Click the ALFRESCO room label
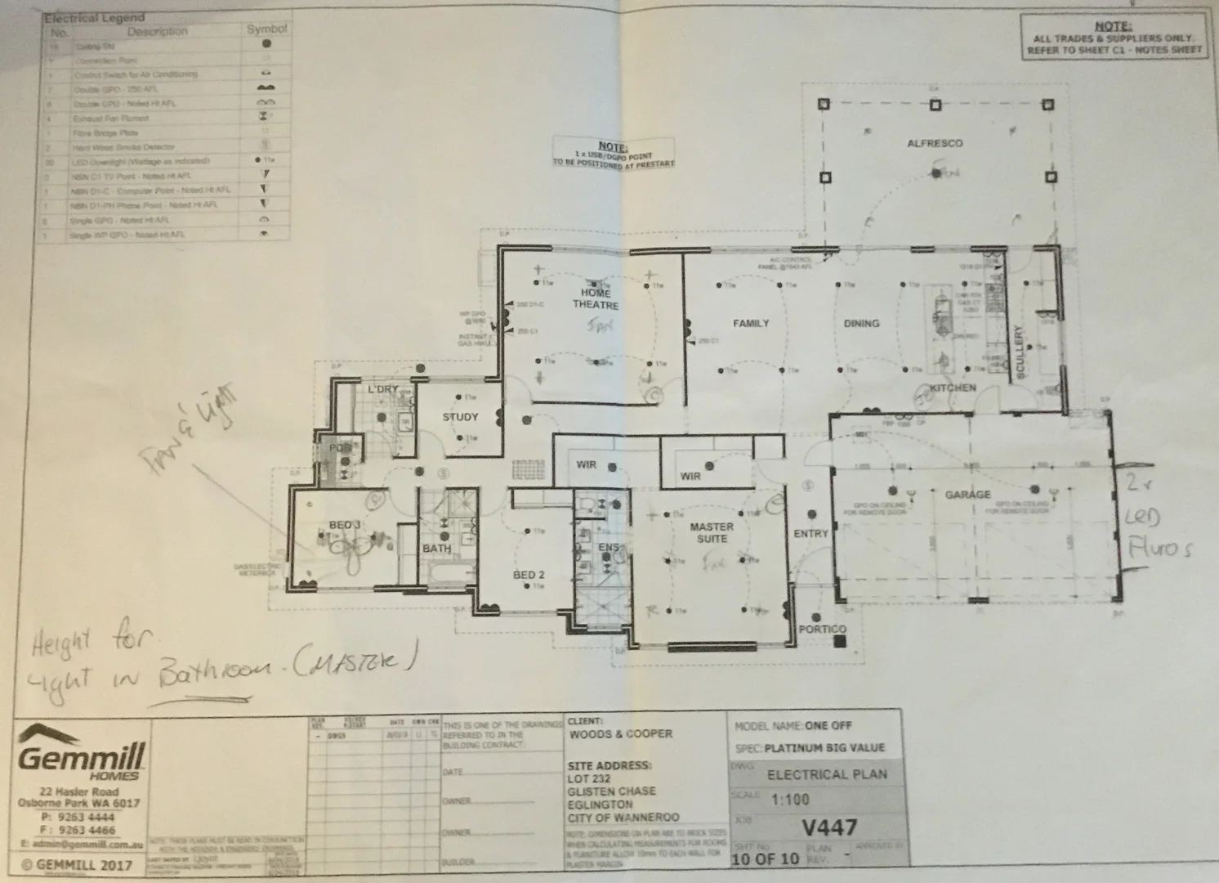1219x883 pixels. (x=935, y=144)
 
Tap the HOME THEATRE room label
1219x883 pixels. (x=595, y=298)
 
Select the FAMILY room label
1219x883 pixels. (x=750, y=324)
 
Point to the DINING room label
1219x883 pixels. (x=861, y=324)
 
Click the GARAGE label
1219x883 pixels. (x=967, y=495)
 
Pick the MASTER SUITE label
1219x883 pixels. (x=711, y=533)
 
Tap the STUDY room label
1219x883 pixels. (x=460, y=417)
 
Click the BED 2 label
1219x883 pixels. (x=529, y=575)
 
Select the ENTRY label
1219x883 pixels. (x=810, y=534)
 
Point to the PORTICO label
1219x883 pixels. (x=822, y=629)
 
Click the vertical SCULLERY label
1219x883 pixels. (x=1019, y=352)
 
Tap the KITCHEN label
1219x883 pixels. (x=952, y=388)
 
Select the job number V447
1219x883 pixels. (x=829, y=827)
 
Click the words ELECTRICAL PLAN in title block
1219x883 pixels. (x=826, y=774)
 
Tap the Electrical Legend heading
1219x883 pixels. (x=94, y=17)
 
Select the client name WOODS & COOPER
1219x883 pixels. (x=620, y=733)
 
